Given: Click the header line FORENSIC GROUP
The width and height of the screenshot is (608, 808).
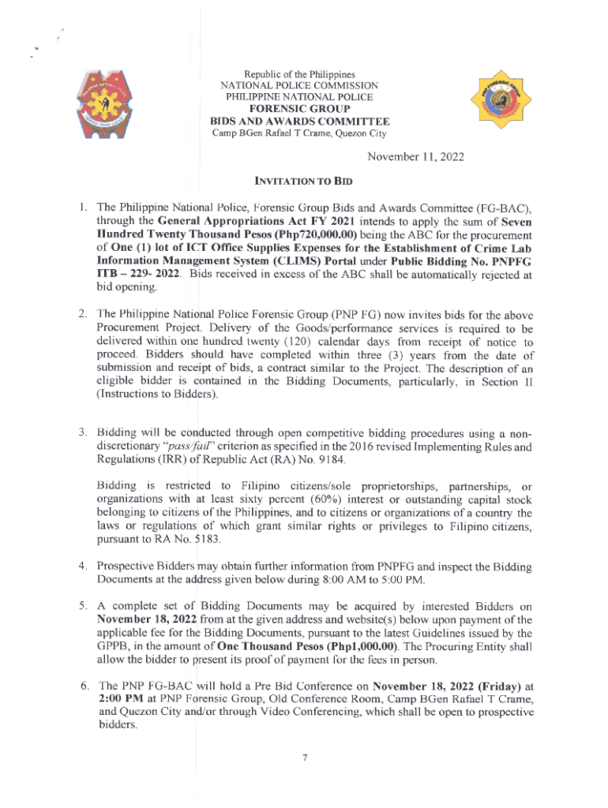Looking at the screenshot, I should click(x=300, y=108).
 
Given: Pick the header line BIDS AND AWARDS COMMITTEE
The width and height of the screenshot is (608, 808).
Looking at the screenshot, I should click(x=300, y=121).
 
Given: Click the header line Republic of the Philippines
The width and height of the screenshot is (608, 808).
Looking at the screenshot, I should click(x=300, y=73).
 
